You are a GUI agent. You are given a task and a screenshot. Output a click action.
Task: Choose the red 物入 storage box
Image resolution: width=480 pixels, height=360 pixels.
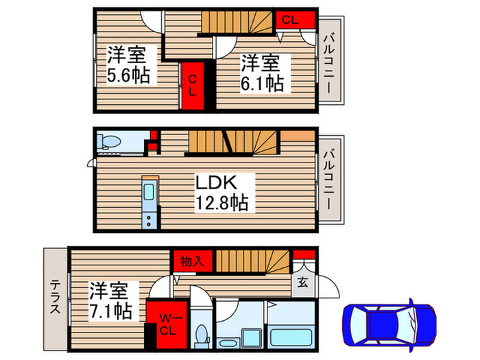(x=193, y=261)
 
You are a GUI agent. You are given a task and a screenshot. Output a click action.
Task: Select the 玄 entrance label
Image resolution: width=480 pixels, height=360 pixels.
(x=303, y=282)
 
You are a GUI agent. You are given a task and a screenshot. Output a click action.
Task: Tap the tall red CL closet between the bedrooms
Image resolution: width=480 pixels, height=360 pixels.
(x=193, y=85)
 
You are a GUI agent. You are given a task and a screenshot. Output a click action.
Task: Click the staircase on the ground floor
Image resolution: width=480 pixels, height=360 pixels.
(x=254, y=261)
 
